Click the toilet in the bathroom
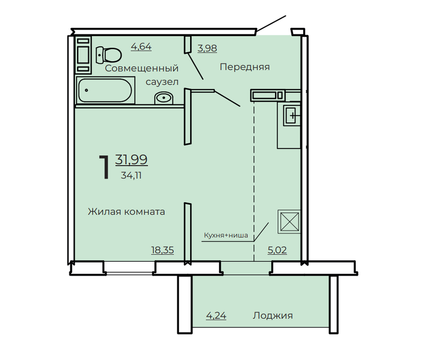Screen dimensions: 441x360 click(108, 55)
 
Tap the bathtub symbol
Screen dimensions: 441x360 click(105, 91)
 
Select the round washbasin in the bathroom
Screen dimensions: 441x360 click(163, 98)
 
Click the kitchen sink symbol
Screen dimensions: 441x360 click(291, 115)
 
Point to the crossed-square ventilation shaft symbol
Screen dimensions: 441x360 click(289, 222)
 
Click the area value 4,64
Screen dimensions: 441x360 click(141, 46)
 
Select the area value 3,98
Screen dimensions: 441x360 click(207, 48)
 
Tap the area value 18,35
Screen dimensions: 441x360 click(162, 250)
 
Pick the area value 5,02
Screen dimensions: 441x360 click(278, 250)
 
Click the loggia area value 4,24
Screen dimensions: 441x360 click(216, 316)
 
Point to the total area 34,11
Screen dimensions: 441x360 click(131, 175)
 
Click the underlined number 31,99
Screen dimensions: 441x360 click(132, 160)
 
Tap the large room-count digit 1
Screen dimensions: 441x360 click(104, 167)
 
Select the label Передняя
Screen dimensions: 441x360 click(245, 67)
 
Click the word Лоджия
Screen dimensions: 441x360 click(272, 316)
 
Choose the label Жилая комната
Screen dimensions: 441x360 click(126, 211)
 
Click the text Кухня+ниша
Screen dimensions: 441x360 click(226, 235)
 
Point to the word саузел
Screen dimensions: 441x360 click(162, 82)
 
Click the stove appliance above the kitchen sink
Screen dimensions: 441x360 click(267, 95)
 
